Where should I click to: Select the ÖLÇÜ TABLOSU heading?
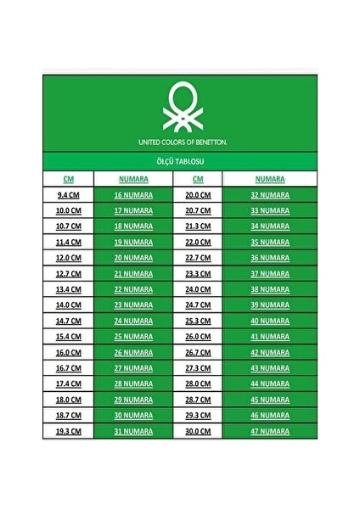pyautogui.click(x=180, y=160)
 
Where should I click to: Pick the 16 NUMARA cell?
pyautogui.click(x=133, y=194)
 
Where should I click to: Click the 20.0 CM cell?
pyautogui.click(x=198, y=194)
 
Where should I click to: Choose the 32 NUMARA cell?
pyautogui.click(x=270, y=194)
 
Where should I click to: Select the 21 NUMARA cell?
pyautogui.click(x=133, y=273)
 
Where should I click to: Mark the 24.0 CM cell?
pyautogui.click(x=198, y=289)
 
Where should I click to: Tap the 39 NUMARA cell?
pyautogui.click(x=270, y=305)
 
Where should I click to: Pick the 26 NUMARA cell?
pyautogui.click(x=133, y=352)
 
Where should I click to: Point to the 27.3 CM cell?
pyautogui.click(x=198, y=368)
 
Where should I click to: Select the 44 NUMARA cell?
pyautogui.click(x=270, y=383)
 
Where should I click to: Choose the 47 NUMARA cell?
pyautogui.click(x=270, y=431)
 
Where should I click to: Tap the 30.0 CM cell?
pyautogui.click(x=198, y=431)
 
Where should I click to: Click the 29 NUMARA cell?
pyautogui.click(x=133, y=400)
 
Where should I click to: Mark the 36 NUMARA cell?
pyautogui.click(x=270, y=258)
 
